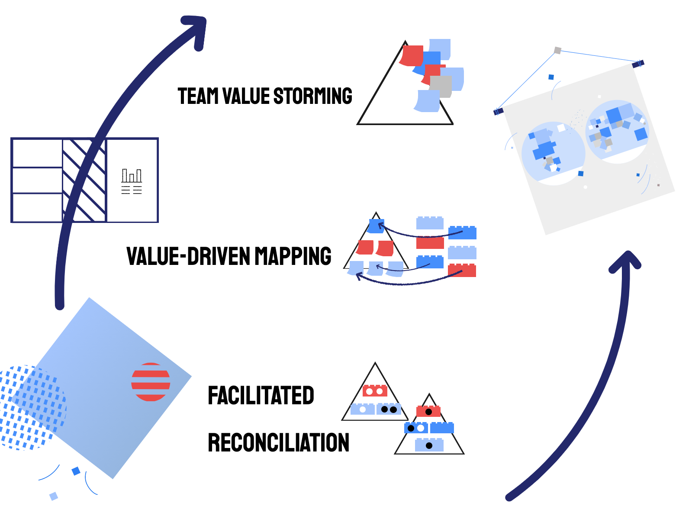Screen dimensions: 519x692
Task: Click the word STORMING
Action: [312, 96]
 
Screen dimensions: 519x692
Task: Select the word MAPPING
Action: [293, 256]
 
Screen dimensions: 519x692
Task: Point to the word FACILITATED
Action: [261, 395]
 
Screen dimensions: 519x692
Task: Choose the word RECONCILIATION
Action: [278, 442]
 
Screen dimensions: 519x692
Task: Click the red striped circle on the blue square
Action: [151, 382]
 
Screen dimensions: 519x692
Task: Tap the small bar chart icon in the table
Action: [132, 176]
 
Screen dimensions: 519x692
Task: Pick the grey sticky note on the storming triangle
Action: [441, 87]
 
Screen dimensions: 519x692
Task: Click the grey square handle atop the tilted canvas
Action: [558, 51]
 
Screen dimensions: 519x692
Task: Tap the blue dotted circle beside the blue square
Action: [30, 407]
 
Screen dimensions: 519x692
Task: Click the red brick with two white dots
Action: [375, 391]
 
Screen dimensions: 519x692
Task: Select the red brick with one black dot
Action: [428, 411]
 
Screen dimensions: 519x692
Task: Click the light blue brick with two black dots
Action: [389, 409]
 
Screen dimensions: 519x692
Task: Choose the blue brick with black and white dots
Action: [416, 428]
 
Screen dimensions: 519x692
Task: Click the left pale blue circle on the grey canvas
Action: [553, 152]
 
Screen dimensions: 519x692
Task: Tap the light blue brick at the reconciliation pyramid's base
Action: [429, 445]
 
